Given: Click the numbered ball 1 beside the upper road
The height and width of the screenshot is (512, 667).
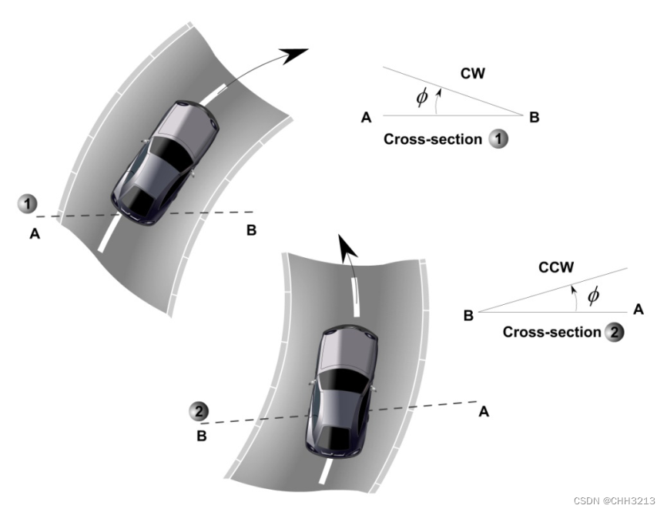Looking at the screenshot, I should (28, 205).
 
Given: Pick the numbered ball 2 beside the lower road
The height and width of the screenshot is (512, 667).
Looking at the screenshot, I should (199, 411).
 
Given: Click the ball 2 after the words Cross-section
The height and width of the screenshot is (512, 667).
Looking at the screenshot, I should (614, 333).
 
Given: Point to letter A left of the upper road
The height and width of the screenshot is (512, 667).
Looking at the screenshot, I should (35, 234).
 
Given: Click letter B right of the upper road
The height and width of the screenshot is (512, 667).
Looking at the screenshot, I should (251, 229).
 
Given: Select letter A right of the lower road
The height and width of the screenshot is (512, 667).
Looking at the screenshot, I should (484, 411).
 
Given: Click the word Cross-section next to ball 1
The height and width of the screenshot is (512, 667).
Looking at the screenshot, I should (432, 140).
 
